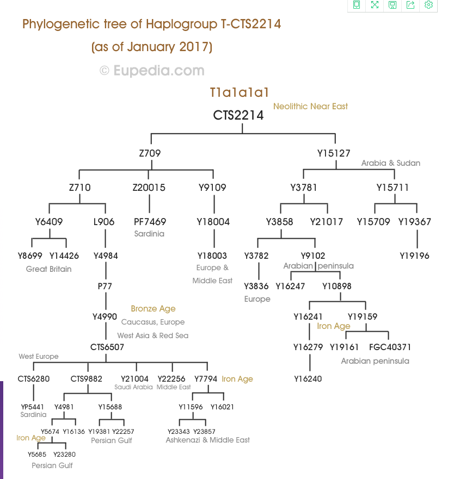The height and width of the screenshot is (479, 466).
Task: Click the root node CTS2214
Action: [238, 115]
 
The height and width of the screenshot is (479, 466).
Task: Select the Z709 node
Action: [150, 153]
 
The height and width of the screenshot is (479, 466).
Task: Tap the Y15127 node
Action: [334, 153]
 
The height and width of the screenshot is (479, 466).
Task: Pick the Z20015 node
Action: [149, 187]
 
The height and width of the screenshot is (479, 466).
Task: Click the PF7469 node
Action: [150, 221]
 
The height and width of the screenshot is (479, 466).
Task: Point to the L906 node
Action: [104, 221]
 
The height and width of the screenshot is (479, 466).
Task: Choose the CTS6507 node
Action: [107, 347]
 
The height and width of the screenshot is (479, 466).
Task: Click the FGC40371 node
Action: [390, 347]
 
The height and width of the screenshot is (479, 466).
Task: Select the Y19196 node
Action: [415, 256]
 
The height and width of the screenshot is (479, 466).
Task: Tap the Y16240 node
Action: [308, 379]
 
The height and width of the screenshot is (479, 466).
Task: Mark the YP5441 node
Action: [33, 407]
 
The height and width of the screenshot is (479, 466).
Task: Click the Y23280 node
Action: [64, 454]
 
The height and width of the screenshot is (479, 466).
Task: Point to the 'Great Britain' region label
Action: [48, 269]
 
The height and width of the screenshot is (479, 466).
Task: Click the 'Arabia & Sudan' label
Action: [391, 163]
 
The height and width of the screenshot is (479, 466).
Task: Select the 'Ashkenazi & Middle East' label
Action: [207, 440]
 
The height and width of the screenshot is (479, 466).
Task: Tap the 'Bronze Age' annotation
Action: [153, 308]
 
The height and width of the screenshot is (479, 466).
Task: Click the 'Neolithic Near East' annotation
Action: [310, 107]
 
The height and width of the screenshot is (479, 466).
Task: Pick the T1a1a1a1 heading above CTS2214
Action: [239, 92]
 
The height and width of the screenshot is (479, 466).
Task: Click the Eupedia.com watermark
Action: [152, 71]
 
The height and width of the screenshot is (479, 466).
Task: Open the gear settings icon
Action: [428, 4]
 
